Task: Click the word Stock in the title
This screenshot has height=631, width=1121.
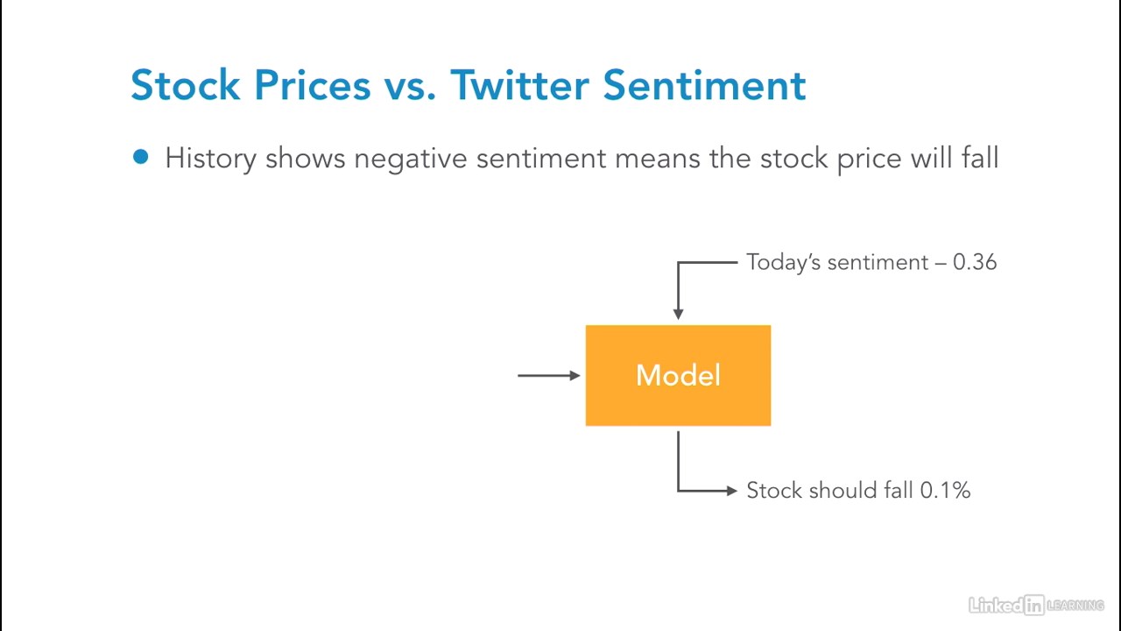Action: click(185, 85)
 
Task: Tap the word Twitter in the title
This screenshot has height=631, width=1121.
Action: click(519, 85)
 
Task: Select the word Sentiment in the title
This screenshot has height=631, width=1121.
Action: click(704, 85)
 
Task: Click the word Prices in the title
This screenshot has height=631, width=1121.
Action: click(313, 85)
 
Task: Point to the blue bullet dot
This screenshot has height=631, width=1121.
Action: click(141, 157)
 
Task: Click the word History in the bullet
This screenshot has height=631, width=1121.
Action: click(211, 160)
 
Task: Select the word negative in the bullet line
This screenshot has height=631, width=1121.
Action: click(411, 160)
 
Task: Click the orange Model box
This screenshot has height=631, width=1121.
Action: click(678, 376)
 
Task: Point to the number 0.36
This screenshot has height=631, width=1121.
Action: click(975, 262)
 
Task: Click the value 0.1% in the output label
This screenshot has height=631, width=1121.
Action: click(945, 490)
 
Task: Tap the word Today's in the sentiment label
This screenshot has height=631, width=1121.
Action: click(783, 262)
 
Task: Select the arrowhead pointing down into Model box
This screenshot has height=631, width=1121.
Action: click(678, 314)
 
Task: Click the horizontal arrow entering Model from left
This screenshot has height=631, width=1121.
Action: click(549, 375)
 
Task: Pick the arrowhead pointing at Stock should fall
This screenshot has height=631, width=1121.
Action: click(731, 491)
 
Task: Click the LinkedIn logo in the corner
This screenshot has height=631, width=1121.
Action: click(1006, 606)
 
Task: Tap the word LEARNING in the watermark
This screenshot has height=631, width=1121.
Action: click(1075, 606)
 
